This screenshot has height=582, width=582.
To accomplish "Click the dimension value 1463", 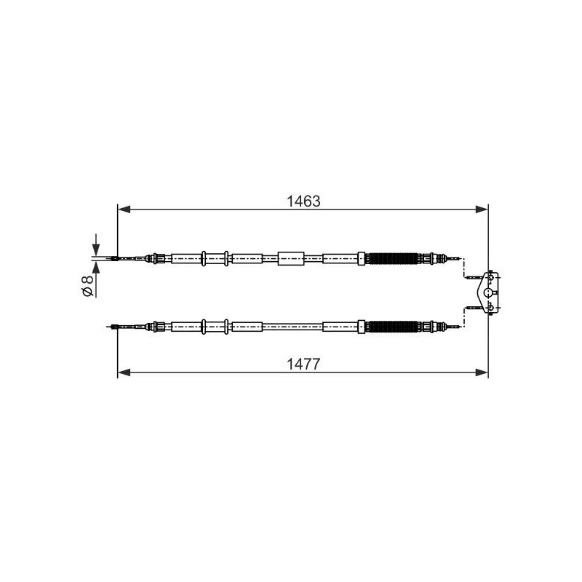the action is click(303, 202).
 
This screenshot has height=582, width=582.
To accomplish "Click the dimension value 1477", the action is click(303, 364).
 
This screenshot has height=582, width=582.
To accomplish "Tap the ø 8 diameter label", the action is click(87, 286).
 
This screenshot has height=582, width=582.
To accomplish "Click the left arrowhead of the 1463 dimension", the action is click(124, 210).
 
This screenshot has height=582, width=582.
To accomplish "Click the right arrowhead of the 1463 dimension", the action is click(482, 210).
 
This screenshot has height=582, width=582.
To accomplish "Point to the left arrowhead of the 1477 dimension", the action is click(124, 372).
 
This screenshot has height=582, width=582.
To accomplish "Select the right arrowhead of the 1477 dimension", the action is click(482, 372).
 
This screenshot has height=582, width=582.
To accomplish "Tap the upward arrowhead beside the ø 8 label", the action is click(96, 267).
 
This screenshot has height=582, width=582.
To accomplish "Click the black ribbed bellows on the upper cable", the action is click(394, 258).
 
